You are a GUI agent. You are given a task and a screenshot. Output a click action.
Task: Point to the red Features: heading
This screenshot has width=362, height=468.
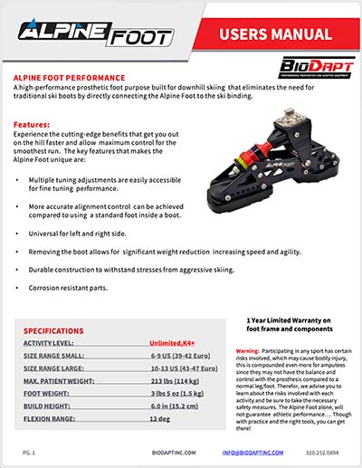pos(33,124)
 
